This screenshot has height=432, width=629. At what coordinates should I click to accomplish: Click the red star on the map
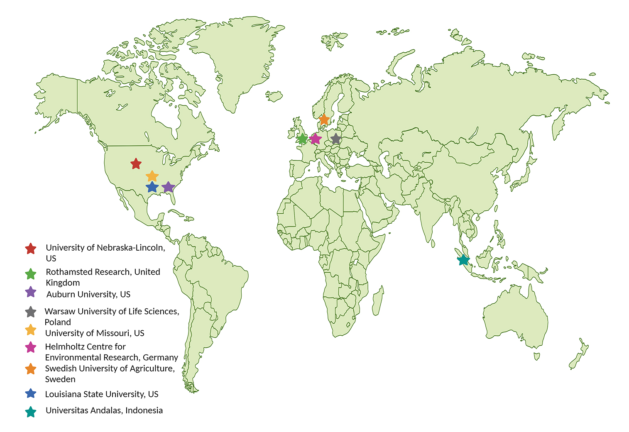point(136,164)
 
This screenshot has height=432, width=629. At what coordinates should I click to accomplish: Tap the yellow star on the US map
point(152,176)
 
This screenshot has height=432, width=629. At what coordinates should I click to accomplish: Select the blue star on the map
point(152,187)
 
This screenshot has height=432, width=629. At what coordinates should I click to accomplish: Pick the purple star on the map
point(168,187)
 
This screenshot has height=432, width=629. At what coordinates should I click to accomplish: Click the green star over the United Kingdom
point(303,139)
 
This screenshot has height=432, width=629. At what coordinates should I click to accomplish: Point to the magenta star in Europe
point(316,139)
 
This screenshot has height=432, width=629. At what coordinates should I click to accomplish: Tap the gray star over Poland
point(335,139)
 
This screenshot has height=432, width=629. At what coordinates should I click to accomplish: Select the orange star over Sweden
point(324,120)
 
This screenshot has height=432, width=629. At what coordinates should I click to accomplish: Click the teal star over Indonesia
point(463,260)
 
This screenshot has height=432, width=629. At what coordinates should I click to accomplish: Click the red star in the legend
point(31,249)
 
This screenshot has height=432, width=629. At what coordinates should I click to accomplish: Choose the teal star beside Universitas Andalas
point(31,412)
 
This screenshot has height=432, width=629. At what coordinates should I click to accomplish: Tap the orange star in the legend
point(31,369)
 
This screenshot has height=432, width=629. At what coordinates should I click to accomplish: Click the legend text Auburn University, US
point(88,295)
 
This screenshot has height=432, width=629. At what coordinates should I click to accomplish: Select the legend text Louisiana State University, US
point(102,394)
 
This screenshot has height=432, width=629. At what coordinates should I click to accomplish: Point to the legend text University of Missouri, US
point(95,333)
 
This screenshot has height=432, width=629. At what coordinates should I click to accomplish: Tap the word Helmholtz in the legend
point(63,347)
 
